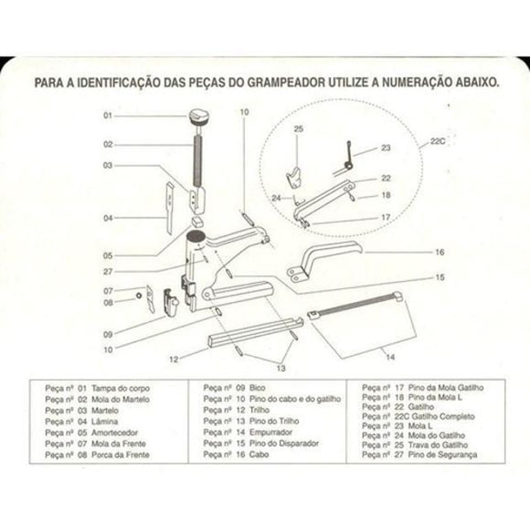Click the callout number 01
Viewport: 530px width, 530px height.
click(107, 116)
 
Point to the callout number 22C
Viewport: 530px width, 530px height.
click(437, 141)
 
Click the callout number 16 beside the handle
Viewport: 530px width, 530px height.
click(439, 252)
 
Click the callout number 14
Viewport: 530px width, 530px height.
click(390, 357)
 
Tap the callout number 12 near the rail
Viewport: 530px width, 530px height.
click(174, 360)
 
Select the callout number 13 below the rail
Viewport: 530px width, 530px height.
click(281, 368)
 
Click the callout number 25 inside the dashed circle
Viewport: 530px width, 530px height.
click(297, 129)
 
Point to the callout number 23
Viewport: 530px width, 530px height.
click(386, 148)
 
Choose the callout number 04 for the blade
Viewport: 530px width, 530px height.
click(107, 217)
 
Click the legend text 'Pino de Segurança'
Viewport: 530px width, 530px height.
click(443, 455)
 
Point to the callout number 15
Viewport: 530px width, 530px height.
click(439, 277)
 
